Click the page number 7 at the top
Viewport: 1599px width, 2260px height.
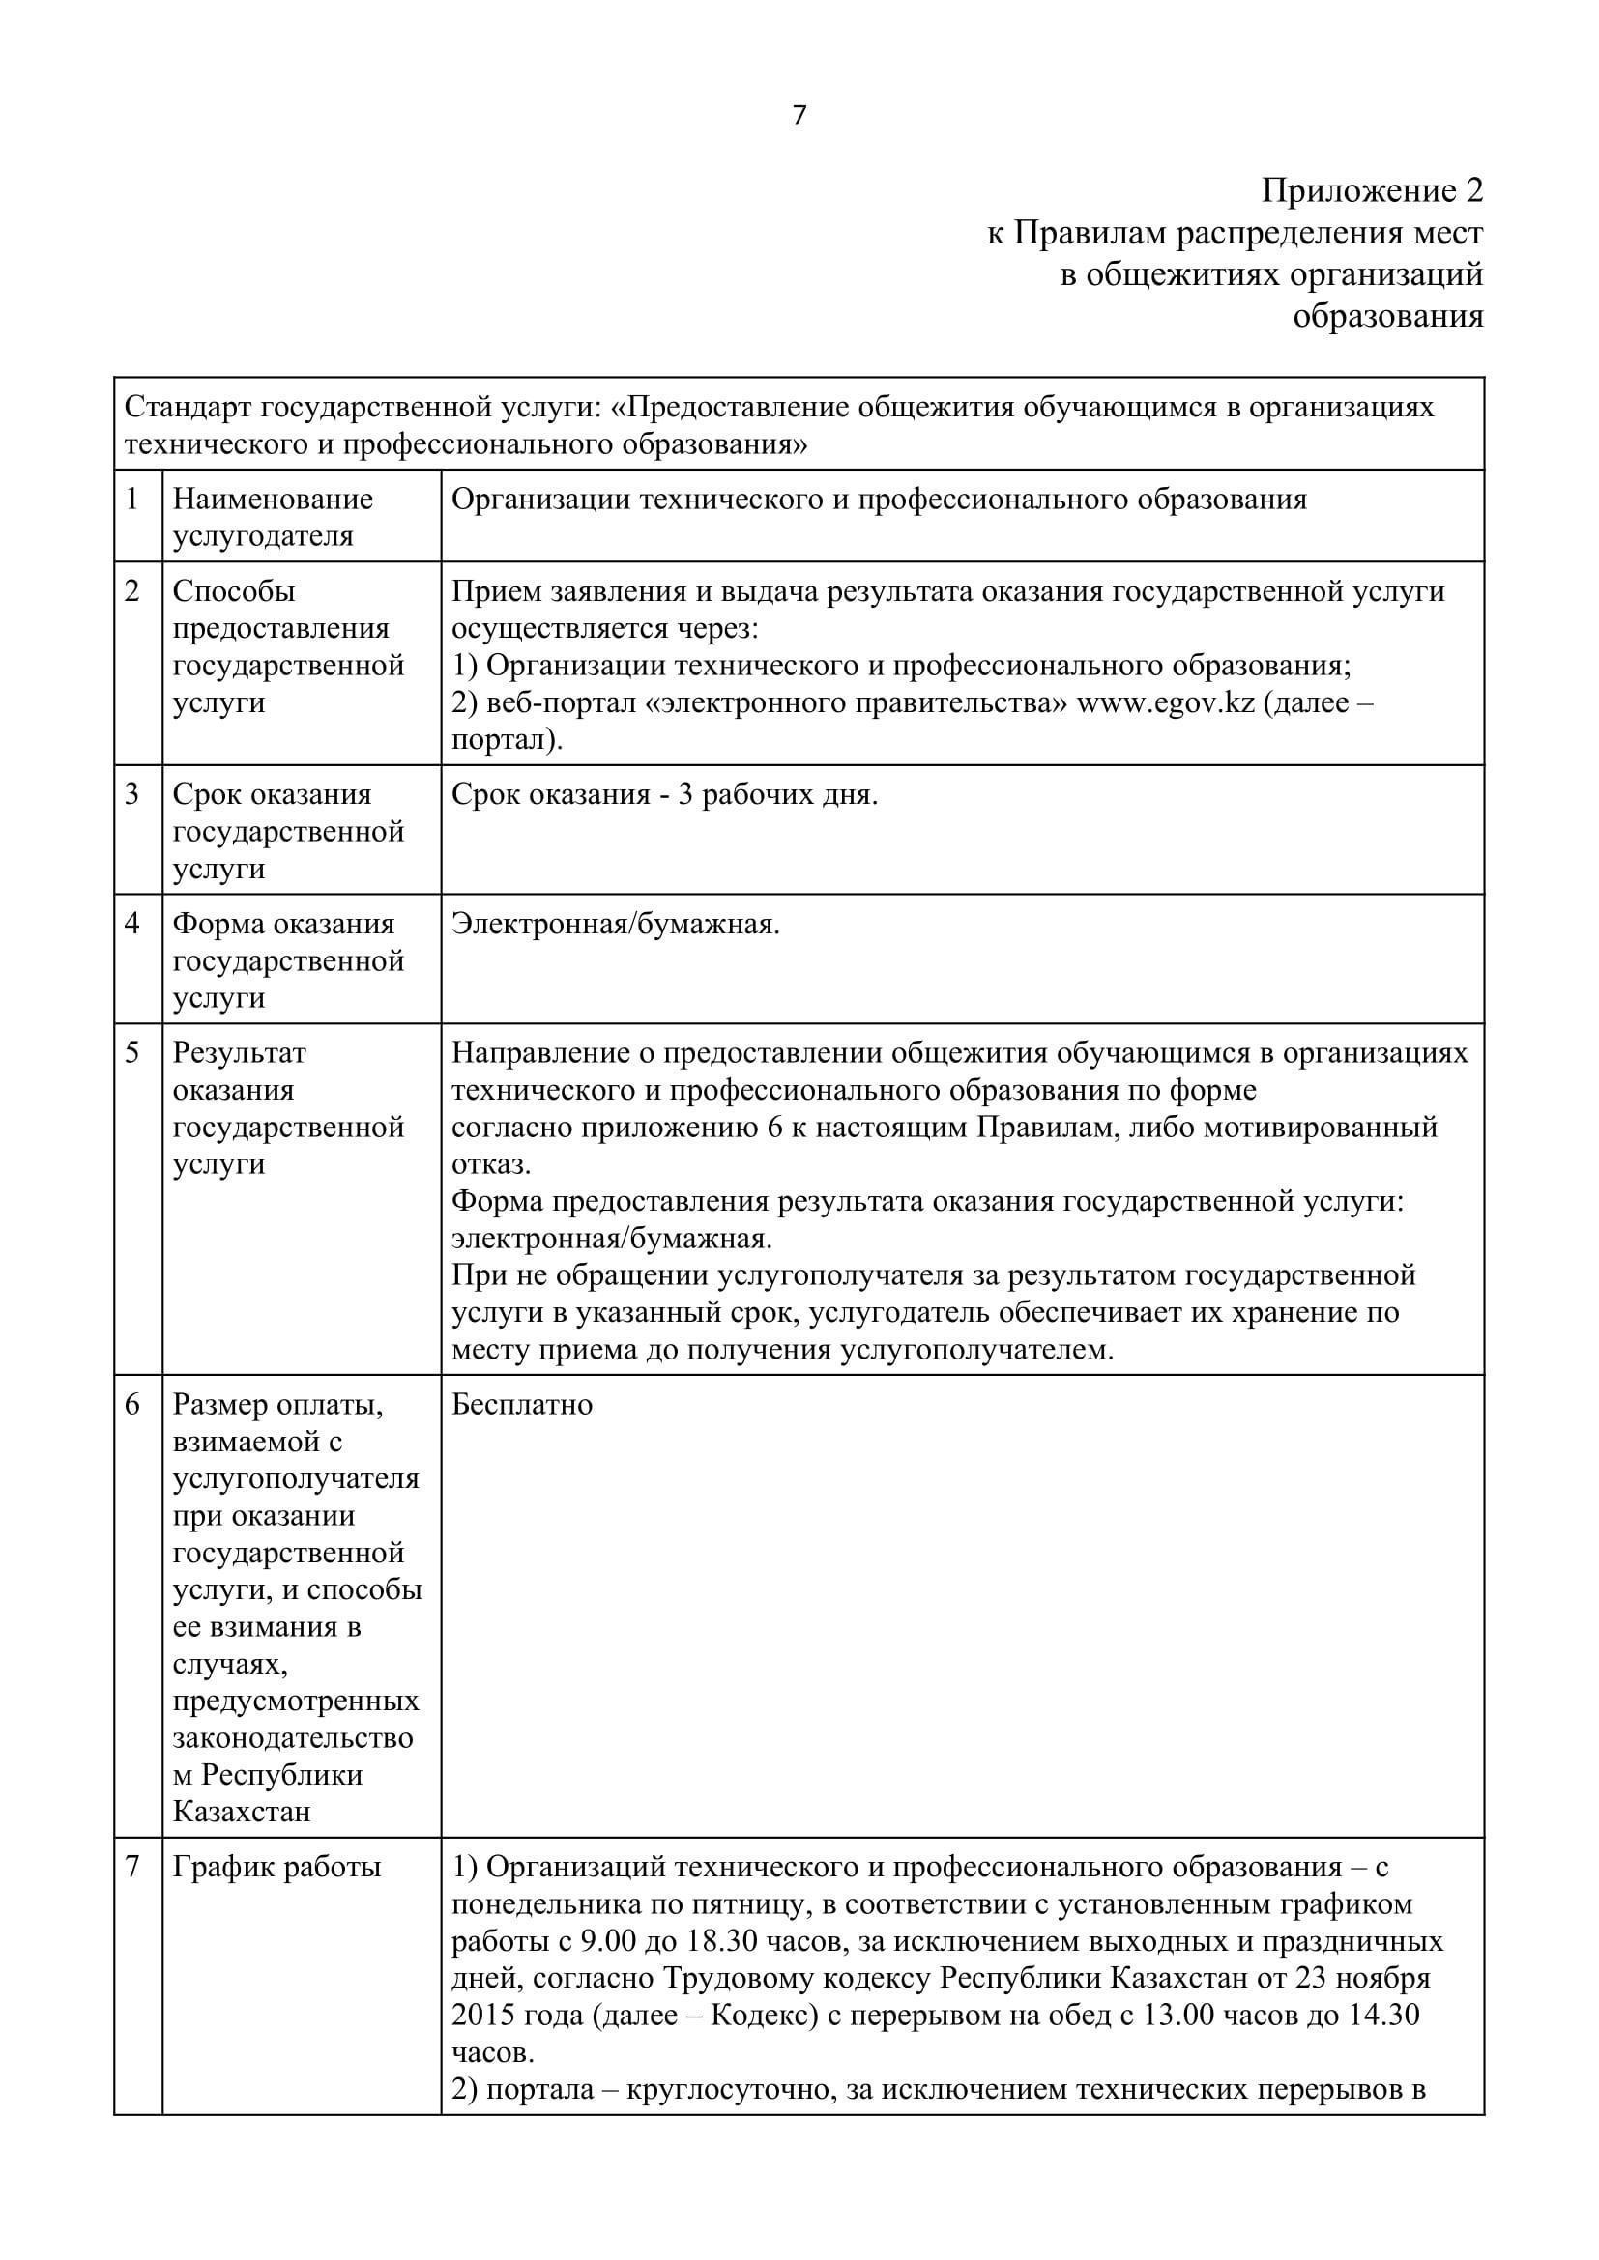click(x=799, y=116)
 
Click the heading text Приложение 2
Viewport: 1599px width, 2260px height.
click(x=1372, y=190)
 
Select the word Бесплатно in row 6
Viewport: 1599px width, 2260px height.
click(x=522, y=1404)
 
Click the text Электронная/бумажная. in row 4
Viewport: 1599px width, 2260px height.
click(x=616, y=924)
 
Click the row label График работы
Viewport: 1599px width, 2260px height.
click(x=276, y=1867)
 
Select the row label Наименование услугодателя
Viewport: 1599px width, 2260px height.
click(x=273, y=518)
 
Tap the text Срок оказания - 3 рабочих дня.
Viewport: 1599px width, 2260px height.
click(x=664, y=794)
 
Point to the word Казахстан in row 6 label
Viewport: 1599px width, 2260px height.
click(x=243, y=1811)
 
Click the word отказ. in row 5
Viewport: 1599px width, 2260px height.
click(x=490, y=1164)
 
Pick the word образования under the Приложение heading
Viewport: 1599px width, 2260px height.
click(x=1387, y=316)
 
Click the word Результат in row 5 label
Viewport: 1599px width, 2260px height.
click(x=239, y=1052)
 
